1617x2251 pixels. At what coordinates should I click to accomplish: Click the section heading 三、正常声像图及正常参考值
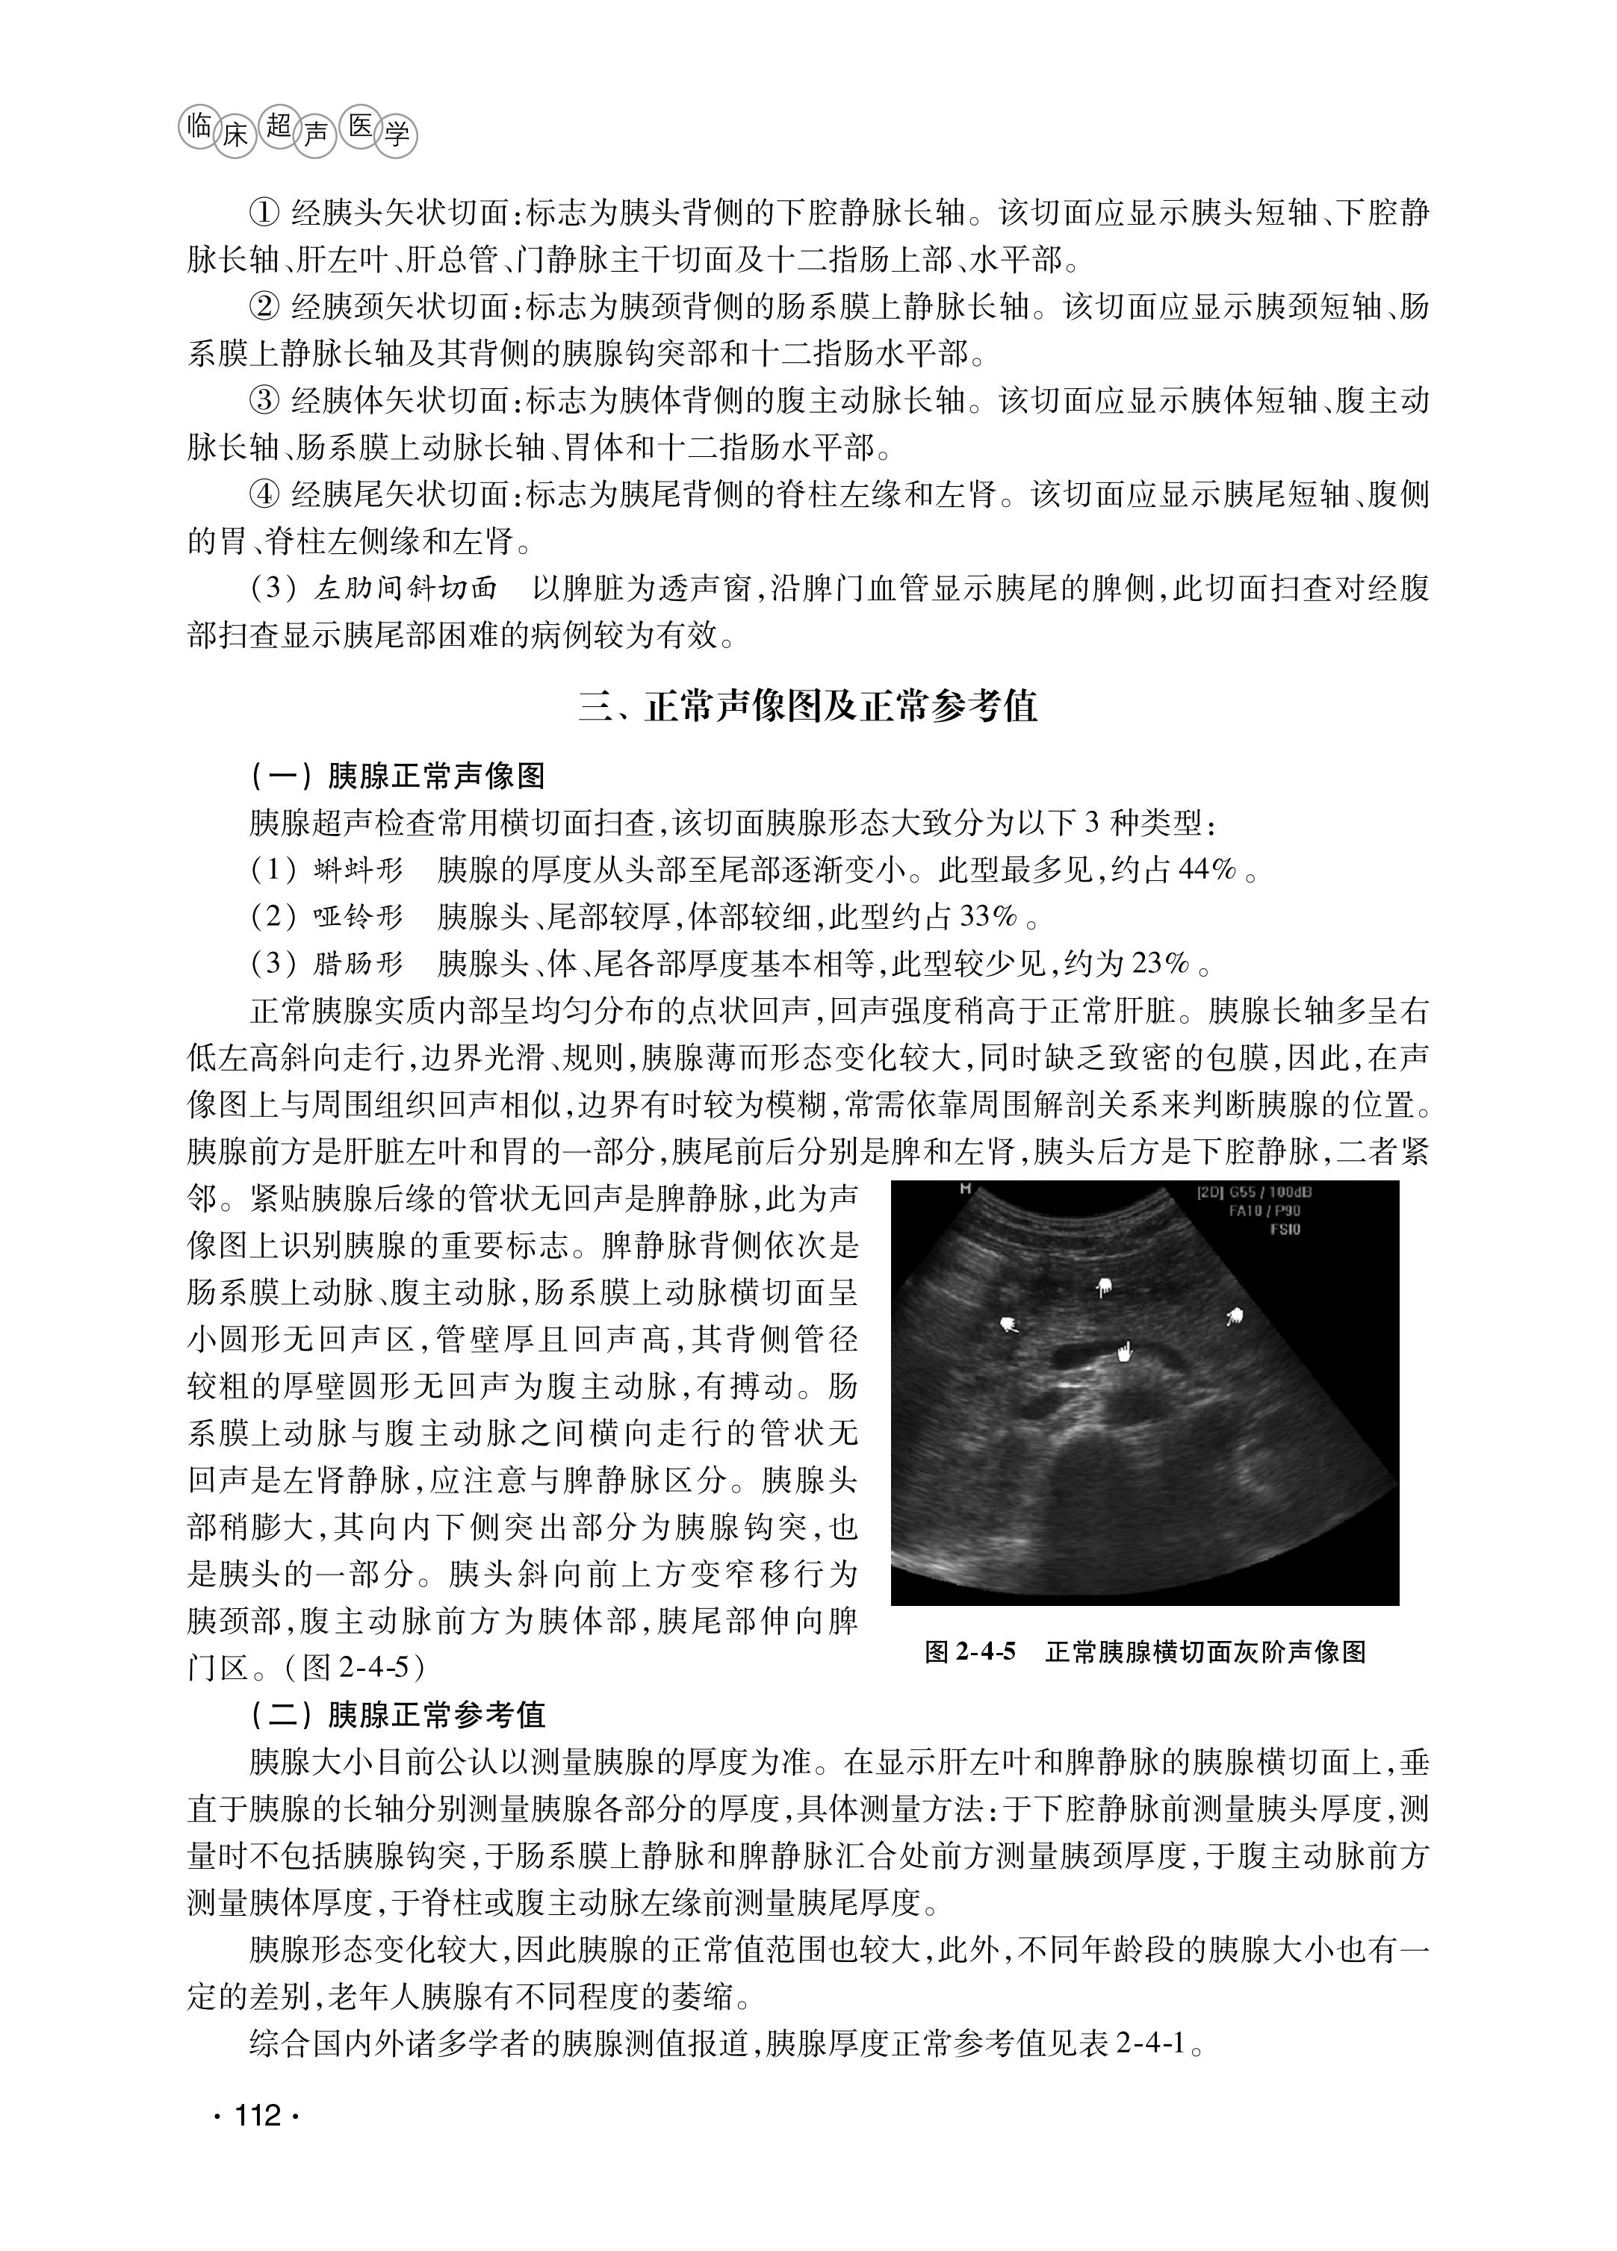coord(808,707)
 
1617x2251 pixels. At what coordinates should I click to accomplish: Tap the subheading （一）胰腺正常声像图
coord(397,775)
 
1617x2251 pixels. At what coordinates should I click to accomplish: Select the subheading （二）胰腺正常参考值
coord(397,1715)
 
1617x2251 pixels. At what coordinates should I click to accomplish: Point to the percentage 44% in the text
coord(1206,871)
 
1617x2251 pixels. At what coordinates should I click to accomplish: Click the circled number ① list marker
coord(264,214)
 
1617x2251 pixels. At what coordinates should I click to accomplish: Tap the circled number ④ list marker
coord(264,494)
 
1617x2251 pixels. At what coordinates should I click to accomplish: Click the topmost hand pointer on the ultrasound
coord(1104,1289)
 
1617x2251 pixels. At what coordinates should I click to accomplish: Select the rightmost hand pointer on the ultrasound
coord(1234,1316)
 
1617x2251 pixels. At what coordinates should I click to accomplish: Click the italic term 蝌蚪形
coord(359,871)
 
